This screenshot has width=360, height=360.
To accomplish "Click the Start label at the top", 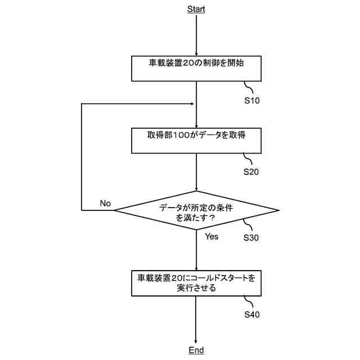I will tap(196, 9).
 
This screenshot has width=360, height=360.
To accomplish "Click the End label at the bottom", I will tap(196, 350).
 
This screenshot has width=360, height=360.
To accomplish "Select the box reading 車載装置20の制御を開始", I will tap(196, 69).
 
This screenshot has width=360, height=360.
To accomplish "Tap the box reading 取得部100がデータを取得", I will tap(196, 141).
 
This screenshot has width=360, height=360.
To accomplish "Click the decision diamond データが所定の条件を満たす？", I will tap(196, 211).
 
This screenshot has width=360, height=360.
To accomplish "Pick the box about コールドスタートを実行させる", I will tap(196, 283).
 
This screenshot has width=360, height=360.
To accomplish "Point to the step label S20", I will tap(251, 172).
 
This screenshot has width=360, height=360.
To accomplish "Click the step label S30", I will tap(251, 237).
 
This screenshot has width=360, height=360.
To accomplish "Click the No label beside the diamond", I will tap(105, 203).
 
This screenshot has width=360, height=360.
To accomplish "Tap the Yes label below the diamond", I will tap(211, 237).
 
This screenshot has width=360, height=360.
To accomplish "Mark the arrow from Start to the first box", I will tap(196, 34).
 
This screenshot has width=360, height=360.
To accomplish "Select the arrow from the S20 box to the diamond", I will tap(196, 172).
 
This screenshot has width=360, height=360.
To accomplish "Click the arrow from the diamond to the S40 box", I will tap(196, 250).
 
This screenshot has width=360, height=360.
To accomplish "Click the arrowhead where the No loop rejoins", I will tap(192, 104).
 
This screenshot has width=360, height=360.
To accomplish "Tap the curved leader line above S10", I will tap(249, 88).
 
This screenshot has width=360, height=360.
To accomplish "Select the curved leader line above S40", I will tap(249, 301).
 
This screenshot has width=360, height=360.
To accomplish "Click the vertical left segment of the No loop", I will tap(82, 157).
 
